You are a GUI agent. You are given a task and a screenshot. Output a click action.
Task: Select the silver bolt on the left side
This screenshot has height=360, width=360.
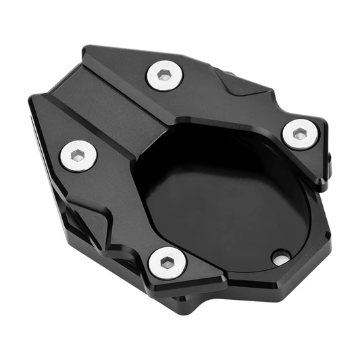[x=78, y=156]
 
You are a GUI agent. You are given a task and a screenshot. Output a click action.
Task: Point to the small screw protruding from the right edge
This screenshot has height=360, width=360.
[x=330, y=159]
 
